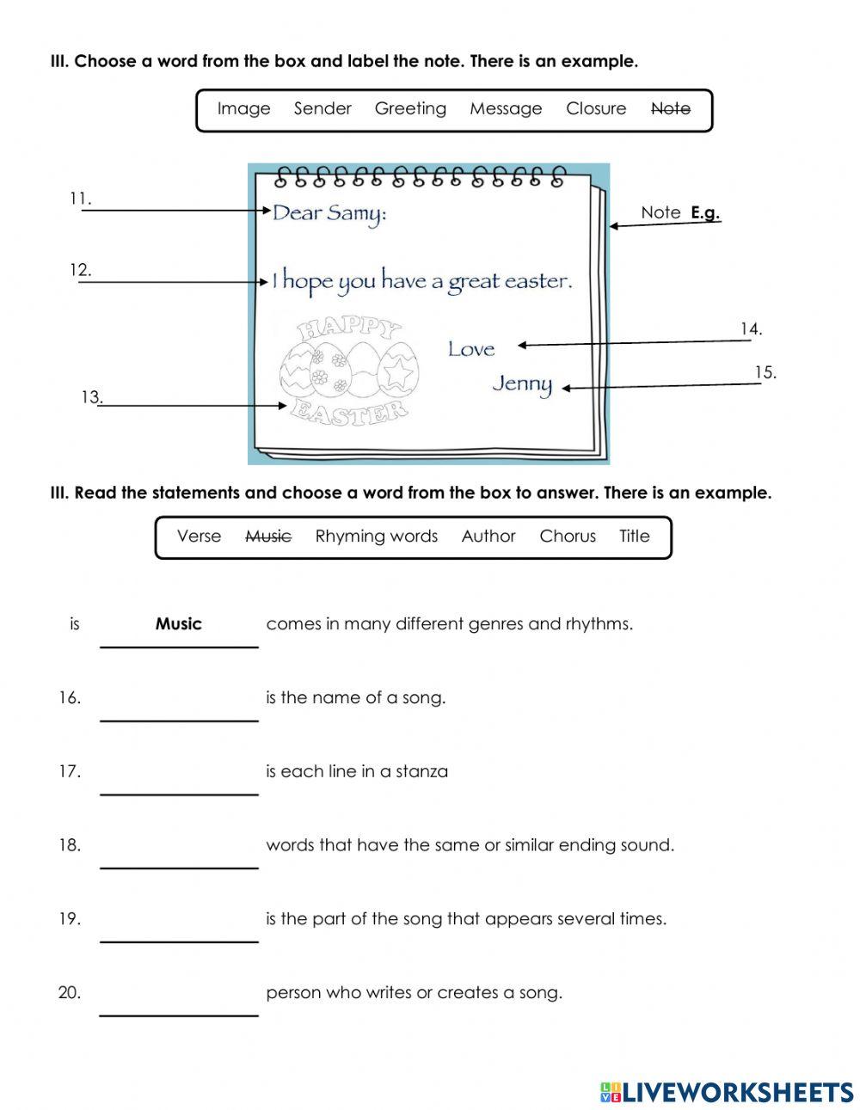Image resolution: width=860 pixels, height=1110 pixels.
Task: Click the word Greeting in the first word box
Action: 410,109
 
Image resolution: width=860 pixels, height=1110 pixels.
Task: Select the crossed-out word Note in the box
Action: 670,109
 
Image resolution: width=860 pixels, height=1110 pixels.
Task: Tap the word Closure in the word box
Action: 595,109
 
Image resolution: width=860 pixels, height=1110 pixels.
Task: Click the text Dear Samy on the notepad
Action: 329,212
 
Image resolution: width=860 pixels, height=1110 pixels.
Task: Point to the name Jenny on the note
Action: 522,383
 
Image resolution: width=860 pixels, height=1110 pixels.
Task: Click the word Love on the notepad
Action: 471,349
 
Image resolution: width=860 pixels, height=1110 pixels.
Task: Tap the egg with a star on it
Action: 398,371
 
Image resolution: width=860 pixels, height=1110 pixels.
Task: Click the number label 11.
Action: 80,199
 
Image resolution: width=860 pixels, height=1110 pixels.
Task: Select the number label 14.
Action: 751,328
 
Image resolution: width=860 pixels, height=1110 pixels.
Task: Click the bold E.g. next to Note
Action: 705,212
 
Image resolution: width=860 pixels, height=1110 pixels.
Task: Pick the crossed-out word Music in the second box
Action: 268,537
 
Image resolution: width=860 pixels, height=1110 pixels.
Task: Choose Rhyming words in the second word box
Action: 376,537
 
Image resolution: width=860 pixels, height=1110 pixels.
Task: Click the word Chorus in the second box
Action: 567,537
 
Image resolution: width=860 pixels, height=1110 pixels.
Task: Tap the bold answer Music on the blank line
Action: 178,624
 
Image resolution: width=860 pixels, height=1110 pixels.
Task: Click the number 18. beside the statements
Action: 70,845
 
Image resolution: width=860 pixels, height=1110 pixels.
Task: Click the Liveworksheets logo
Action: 727,1092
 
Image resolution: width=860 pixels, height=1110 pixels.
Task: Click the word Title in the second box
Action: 634,537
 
